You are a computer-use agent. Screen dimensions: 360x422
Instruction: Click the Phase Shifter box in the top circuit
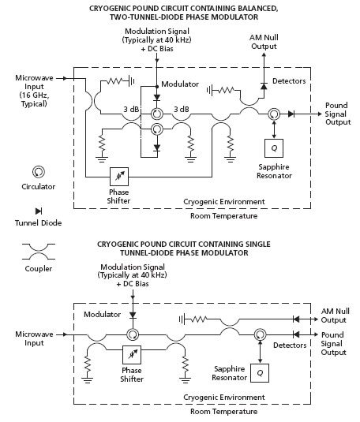pos(119,177)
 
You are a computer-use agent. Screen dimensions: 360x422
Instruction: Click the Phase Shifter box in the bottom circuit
pos(132,355)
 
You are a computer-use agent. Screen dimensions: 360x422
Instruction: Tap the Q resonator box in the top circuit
pos(274,148)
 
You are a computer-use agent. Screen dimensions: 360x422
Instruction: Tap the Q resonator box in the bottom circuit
pos(260,373)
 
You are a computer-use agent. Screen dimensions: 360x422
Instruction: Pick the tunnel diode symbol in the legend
pos(39,211)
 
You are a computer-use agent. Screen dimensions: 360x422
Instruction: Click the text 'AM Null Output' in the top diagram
pos(264,42)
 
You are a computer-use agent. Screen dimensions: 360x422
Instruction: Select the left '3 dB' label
pos(132,109)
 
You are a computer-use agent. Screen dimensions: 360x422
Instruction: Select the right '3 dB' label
pos(182,109)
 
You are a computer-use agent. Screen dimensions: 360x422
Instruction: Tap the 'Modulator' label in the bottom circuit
pos(102,315)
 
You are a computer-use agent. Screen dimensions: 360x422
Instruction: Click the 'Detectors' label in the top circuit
pos(289,81)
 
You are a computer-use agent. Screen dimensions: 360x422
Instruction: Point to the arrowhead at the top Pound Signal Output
pos(320,114)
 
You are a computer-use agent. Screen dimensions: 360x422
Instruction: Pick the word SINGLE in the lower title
pos(257,244)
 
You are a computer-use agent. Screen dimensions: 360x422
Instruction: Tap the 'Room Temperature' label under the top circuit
pos(223,216)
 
